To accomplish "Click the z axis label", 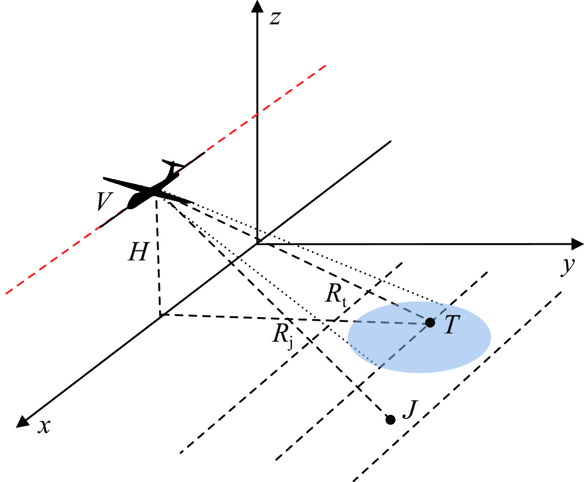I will tap(275, 18).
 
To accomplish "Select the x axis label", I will tap(44, 426).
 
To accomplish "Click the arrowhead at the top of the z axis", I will tap(257, 7).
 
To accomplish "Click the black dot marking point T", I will tap(430, 323).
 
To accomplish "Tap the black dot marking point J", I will tap(390, 420).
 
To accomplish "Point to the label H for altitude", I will tap(137, 252).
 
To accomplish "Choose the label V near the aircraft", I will tap(104, 202).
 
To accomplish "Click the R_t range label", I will tap(335, 295).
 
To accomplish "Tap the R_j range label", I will tap(282, 334).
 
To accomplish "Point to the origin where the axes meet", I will tap(257, 243).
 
